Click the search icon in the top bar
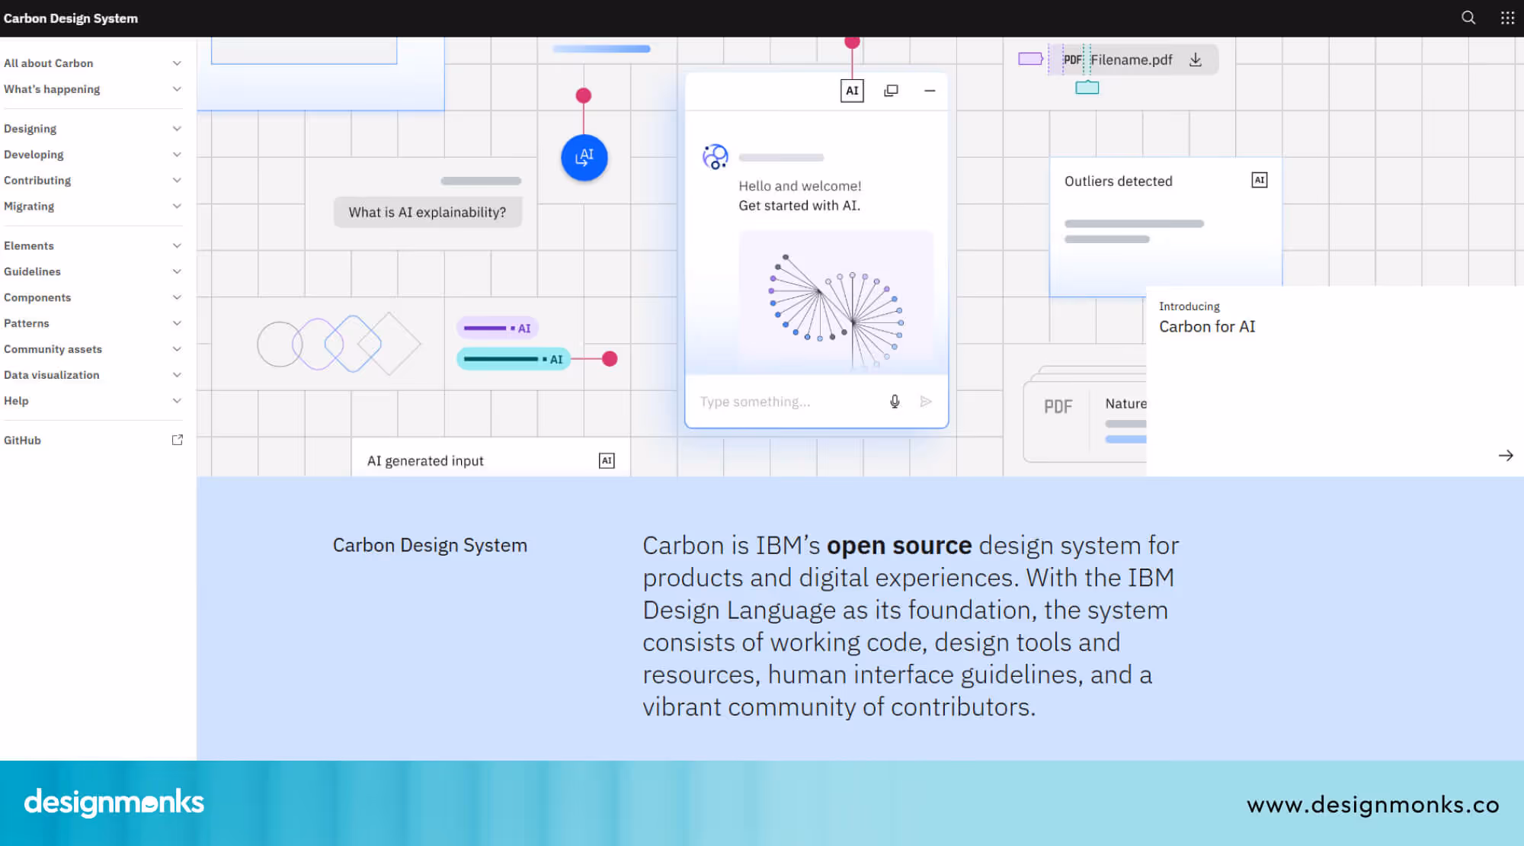point(1468,18)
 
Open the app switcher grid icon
point(1507,18)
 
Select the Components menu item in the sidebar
point(37,297)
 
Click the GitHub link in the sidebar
point(23,441)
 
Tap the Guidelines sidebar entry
point(32,271)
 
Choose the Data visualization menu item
point(52,375)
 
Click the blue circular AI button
point(584,158)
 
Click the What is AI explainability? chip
point(427,213)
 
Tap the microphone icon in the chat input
point(895,402)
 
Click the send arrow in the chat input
point(926,402)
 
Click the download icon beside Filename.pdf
point(1196,59)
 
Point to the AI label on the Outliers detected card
point(1259,181)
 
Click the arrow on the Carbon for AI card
point(1505,456)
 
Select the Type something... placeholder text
point(755,402)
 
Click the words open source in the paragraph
point(899,546)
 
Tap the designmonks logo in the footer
point(114,803)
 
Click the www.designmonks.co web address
point(1372,805)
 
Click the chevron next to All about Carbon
point(177,63)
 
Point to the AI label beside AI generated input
point(607,460)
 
